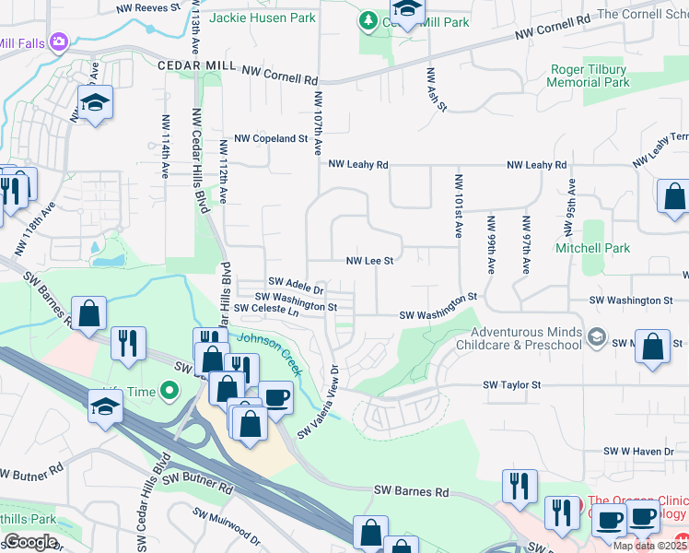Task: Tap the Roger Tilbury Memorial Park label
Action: [x=590, y=76]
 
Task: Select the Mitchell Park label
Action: [x=592, y=248]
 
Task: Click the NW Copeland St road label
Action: [x=271, y=138]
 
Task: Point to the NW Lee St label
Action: [x=369, y=261]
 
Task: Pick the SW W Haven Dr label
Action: [x=639, y=452]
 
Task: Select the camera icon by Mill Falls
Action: [x=60, y=41]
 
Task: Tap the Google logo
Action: [x=29, y=541]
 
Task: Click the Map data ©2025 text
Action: [x=650, y=546]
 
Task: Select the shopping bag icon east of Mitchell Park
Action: [x=675, y=196]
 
